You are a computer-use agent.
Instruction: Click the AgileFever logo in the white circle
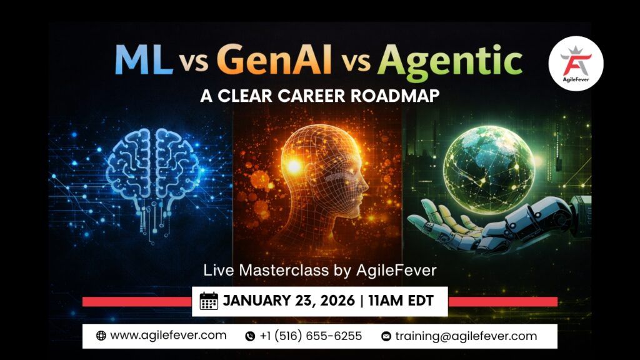[x=576, y=63]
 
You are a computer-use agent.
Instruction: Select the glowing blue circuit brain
[x=153, y=169]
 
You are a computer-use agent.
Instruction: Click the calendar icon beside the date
[x=209, y=301]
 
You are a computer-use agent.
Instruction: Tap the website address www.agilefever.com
[x=168, y=336]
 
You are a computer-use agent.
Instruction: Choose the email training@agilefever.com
[x=466, y=336]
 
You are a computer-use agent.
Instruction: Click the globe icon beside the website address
[x=101, y=336]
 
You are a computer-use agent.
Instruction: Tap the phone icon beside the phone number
[x=250, y=336]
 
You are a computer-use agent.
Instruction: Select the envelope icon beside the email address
[x=386, y=336]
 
